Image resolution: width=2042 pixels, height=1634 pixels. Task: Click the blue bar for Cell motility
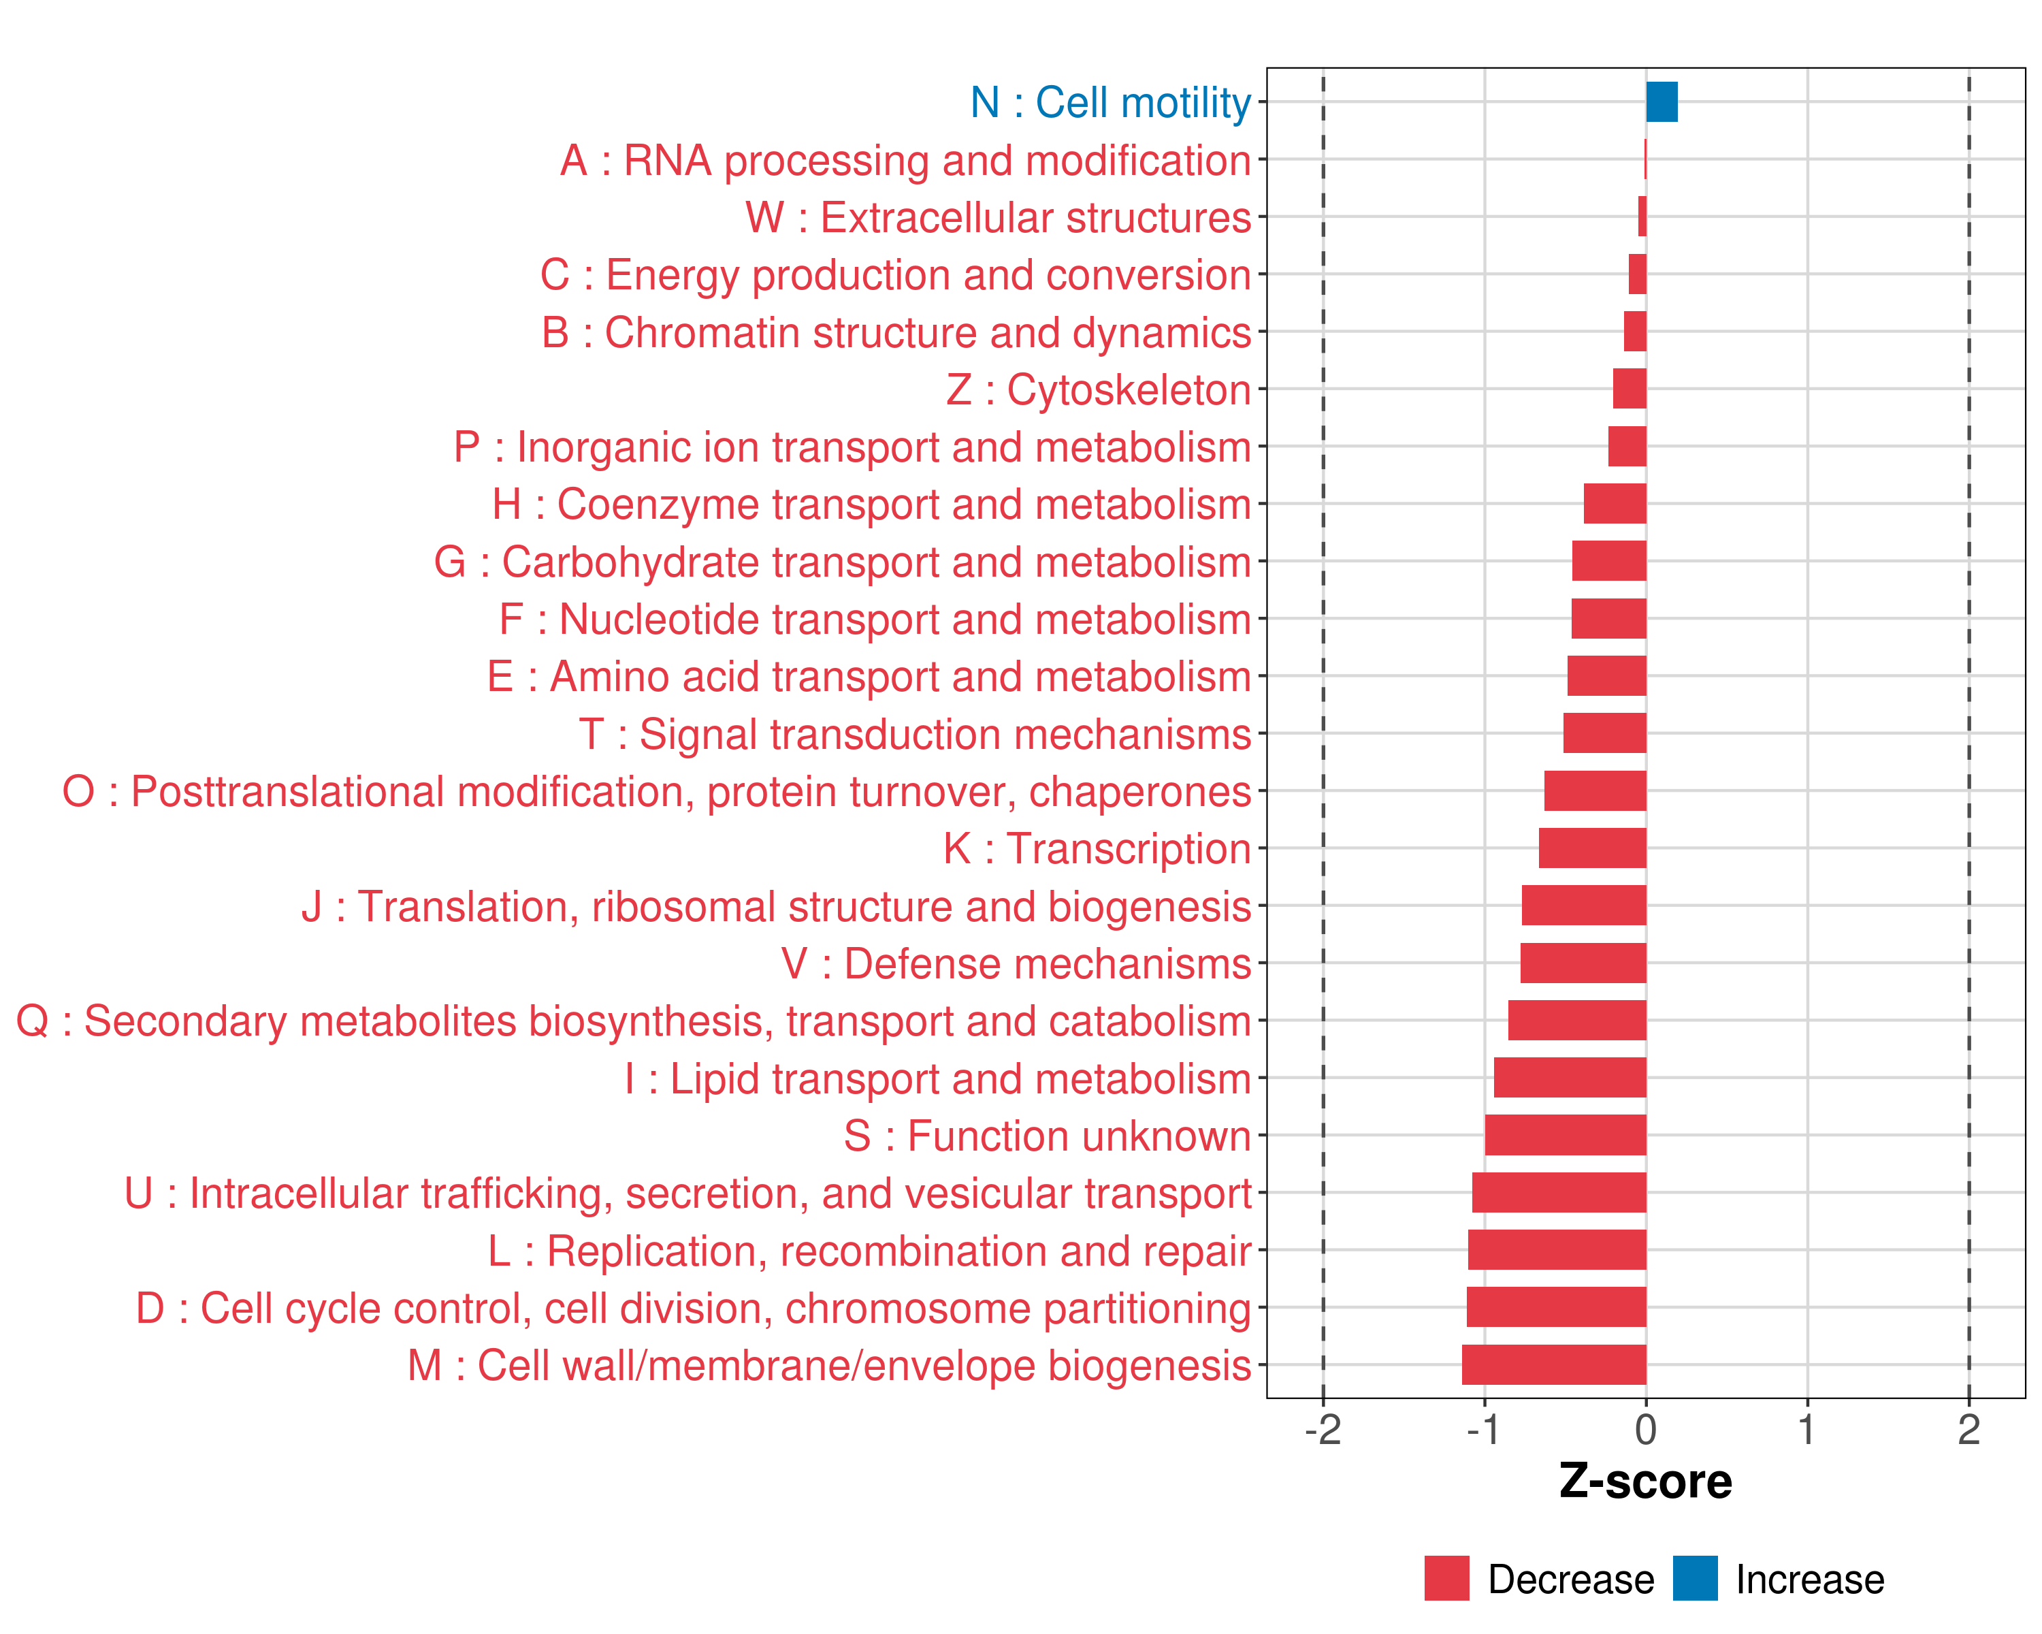[1662, 102]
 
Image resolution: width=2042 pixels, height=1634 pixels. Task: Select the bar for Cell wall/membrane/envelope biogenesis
[1553, 1365]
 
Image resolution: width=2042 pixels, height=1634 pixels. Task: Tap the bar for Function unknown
[1565, 1135]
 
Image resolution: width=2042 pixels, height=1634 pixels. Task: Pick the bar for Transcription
[1592, 848]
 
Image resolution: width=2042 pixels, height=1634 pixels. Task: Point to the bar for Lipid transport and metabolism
[1570, 1078]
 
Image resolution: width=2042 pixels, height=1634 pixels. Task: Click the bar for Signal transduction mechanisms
[1604, 733]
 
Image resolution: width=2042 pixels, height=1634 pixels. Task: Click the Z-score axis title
[1645, 1481]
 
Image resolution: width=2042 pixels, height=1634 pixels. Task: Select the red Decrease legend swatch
[1446, 1578]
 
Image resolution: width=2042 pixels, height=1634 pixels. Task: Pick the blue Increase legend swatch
[1694, 1578]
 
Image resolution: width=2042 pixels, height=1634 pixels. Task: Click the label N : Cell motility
[1110, 102]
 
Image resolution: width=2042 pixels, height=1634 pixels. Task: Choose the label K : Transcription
[1097, 849]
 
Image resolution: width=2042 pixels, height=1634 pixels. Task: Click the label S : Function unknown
[1048, 1136]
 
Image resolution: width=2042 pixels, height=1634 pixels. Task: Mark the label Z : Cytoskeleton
[1099, 390]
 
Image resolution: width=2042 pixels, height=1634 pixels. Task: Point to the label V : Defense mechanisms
[1016, 964]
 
